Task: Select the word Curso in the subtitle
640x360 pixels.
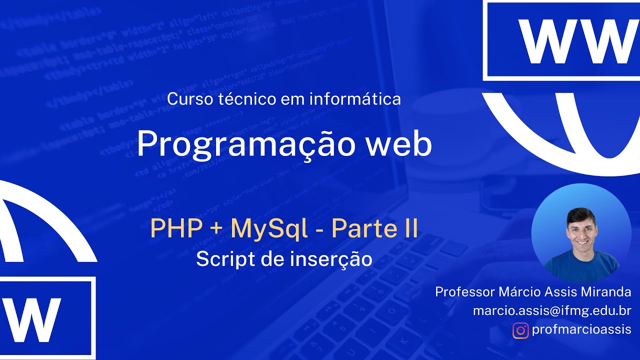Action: (x=185, y=99)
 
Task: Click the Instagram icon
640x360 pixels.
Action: (x=520, y=330)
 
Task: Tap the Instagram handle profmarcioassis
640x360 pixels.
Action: (x=581, y=330)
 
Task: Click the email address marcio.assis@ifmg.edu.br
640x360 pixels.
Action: (x=552, y=310)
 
